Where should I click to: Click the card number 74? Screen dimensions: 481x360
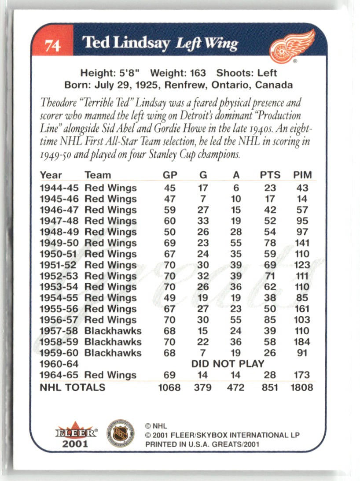[52, 44]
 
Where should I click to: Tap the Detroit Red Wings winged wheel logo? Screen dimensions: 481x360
[292, 45]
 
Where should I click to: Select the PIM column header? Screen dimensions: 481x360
[302, 175]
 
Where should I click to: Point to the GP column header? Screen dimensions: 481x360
[170, 175]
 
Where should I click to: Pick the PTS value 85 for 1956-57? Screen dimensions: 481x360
[270, 320]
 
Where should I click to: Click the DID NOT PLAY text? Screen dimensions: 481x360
[228, 364]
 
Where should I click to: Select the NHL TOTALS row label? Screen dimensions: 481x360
[73, 387]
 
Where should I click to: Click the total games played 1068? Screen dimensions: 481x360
[170, 388]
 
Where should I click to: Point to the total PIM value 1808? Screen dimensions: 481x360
[302, 388]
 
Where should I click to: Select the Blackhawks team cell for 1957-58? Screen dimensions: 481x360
[113, 331]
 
